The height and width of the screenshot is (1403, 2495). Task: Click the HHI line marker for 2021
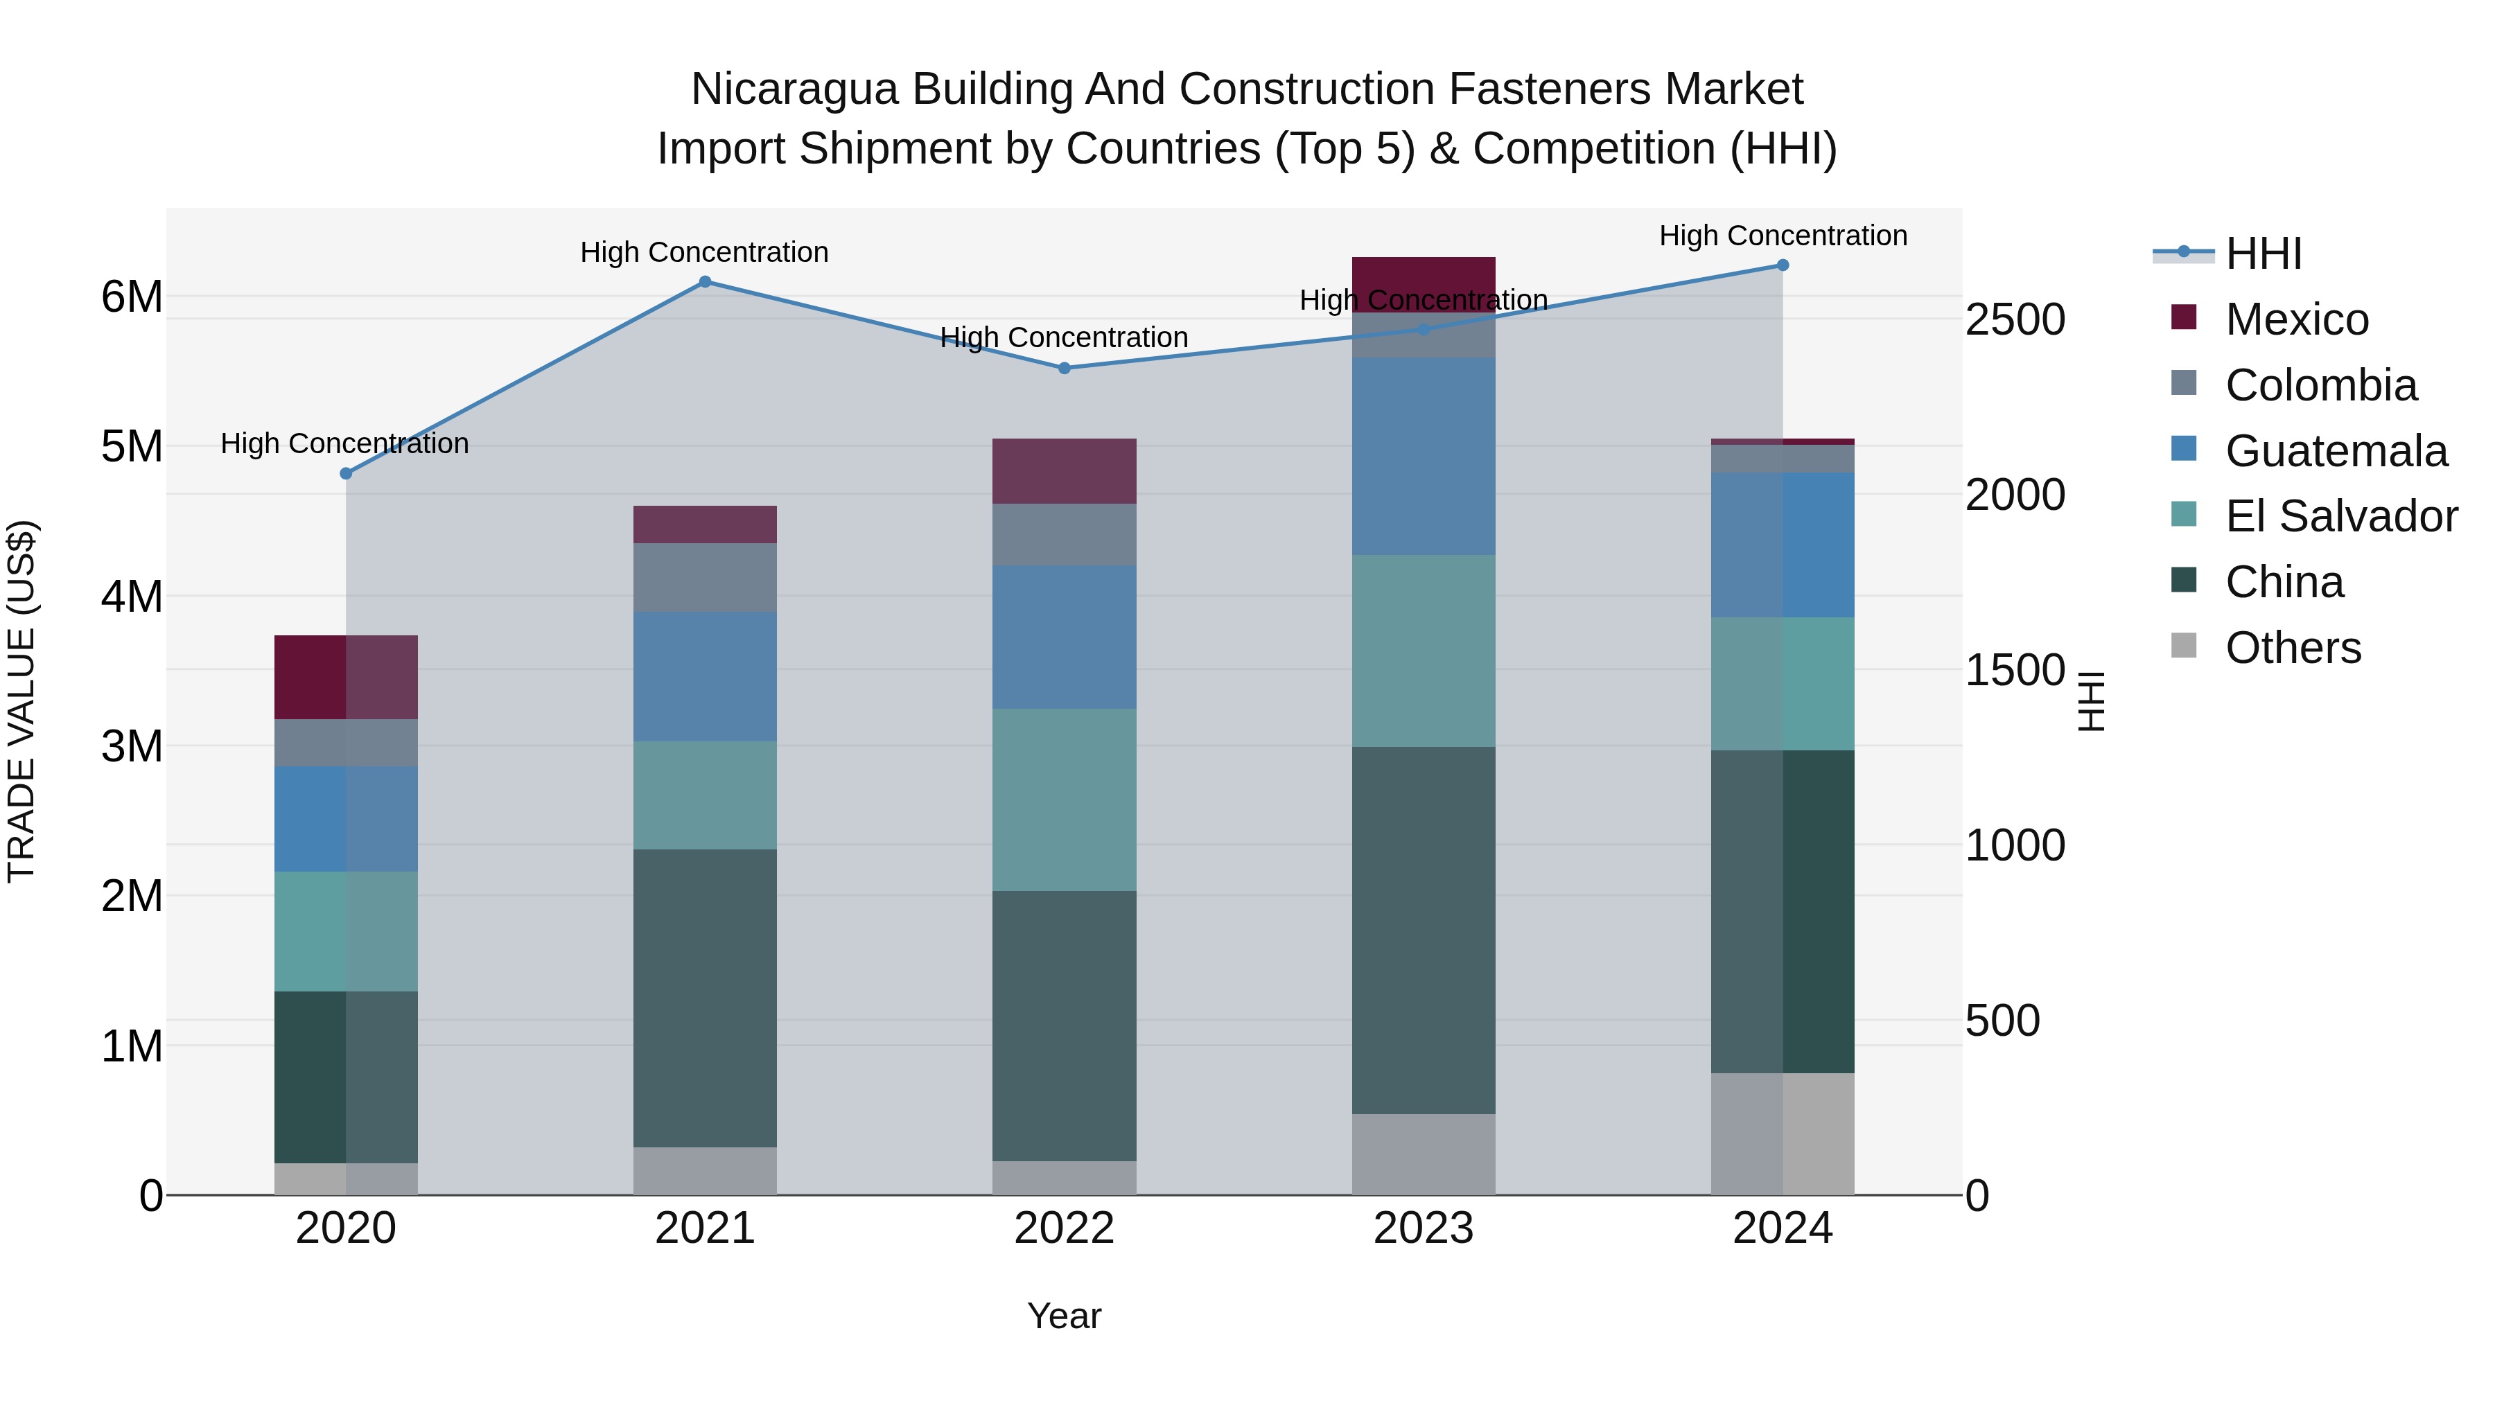[704, 282]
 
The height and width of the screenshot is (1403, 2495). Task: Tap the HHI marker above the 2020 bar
[346, 473]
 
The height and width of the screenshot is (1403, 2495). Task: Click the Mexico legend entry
[2297, 319]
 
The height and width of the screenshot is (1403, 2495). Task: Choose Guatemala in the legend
[2335, 451]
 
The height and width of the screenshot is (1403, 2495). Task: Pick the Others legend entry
[2293, 648]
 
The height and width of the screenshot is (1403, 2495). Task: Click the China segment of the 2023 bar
[1423, 930]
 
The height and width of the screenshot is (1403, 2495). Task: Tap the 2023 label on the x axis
[1423, 1228]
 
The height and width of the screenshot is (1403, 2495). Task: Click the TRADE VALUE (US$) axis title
[21, 701]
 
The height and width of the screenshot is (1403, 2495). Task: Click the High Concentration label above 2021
[704, 252]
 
